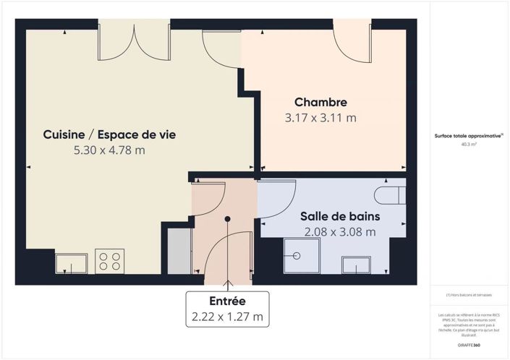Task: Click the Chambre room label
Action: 320,103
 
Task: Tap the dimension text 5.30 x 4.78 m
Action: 109,150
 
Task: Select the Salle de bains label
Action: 340,216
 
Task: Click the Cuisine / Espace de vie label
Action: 109,134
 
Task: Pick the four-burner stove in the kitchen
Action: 109,260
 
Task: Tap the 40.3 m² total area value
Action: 469,145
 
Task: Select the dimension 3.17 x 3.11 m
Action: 320,118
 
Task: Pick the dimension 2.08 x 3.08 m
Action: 340,232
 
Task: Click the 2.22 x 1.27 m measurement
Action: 227,317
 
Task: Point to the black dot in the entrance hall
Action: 227,218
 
